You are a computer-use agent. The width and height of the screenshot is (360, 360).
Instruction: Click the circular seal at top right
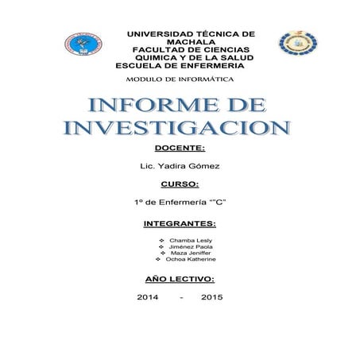coord(296,43)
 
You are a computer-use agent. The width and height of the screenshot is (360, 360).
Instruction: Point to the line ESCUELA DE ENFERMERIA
coord(180,66)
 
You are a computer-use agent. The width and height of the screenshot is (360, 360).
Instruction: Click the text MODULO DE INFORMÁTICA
coord(185,80)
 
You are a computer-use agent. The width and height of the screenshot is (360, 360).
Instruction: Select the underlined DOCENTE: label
coord(180,148)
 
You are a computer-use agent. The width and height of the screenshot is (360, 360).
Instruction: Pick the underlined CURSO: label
coord(179,184)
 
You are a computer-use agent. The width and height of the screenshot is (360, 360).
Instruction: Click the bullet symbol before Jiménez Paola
coord(162,247)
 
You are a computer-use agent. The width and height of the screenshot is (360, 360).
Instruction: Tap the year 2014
coord(148,297)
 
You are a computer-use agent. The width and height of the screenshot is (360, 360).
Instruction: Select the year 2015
coord(212,297)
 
